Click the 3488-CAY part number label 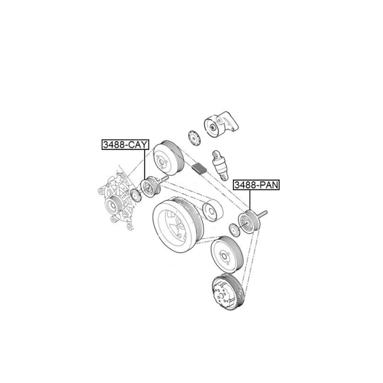click(x=125, y=144)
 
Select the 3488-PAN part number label click(x=257, y=185)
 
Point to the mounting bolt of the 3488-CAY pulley click(x=164, y=179)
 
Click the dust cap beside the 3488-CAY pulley click(x=136, y=195)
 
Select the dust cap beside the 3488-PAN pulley click(x=234, y=230)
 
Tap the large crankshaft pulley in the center click(x=178, y=225)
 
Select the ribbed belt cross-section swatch click(x=200, y=169)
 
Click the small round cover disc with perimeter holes click(x=195, y=138)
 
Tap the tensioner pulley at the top click(x=213, y=127)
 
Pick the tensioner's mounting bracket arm click(x=229, y=122)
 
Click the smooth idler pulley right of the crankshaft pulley click(x=213, y=211)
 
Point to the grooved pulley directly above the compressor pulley click(x=227, y=254)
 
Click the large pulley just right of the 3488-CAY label click(x=169, y=158)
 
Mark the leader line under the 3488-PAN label click(x=250, y=200)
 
